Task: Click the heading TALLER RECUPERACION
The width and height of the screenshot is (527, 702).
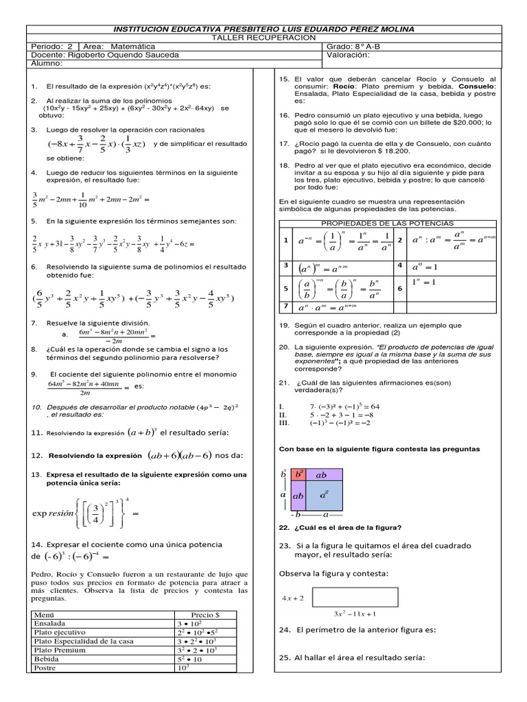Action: tap(263, 38)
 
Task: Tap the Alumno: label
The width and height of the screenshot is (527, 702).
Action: tap(47, 63)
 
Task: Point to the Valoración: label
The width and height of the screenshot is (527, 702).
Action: tap(351, 55)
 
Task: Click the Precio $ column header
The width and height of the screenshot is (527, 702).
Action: tap(204, 614)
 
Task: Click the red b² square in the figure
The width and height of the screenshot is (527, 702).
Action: tap(299, 474)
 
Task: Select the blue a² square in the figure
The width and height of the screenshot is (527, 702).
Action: tap(324, 494)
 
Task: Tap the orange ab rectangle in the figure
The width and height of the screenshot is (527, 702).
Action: tap(322, 474)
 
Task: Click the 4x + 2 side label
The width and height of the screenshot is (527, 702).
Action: tap(293, 598)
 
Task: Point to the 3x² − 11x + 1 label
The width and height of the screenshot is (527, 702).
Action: tap(355, 613)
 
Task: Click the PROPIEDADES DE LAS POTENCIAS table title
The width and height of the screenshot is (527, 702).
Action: tap(387, 223)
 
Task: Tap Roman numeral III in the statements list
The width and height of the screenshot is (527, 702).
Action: tap(283, 423)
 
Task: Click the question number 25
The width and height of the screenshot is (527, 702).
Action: tap(285, 657)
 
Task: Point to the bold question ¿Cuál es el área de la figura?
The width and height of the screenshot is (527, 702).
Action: tap(346, 527)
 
